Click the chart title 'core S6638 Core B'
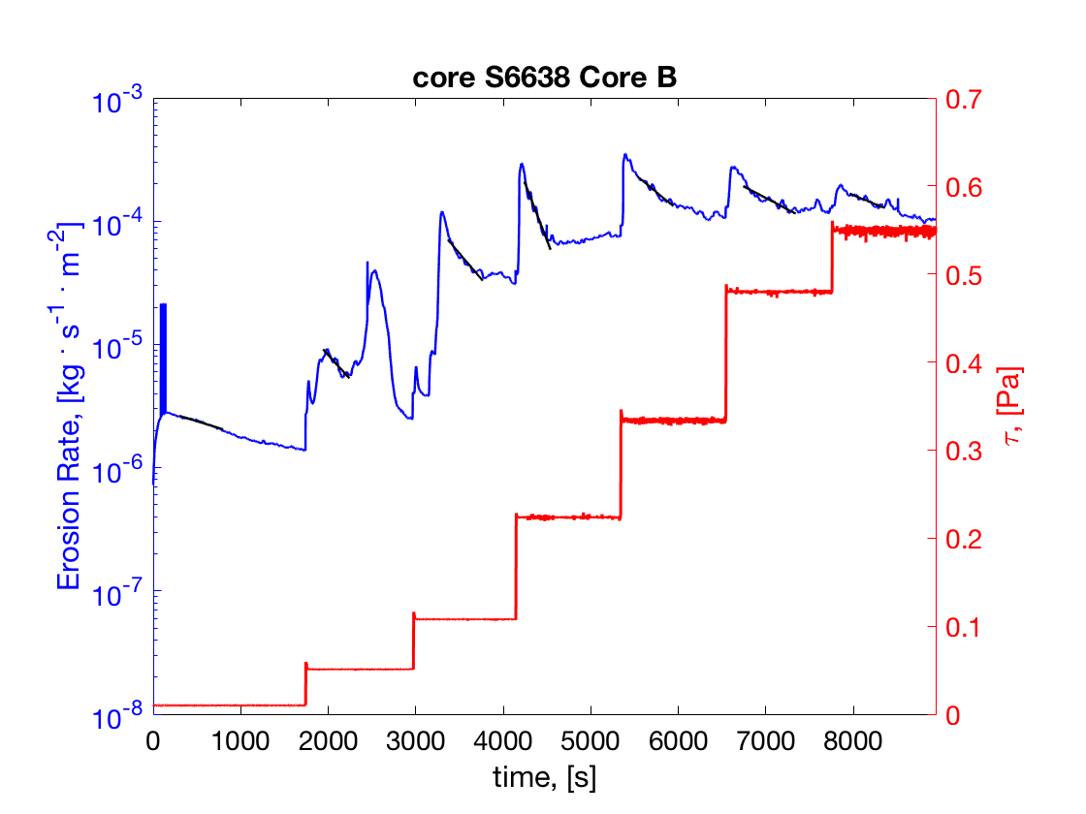click(x=544, y=78)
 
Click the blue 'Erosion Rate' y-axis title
click(x=73, y=407)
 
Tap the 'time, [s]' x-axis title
click(x=544, y=776)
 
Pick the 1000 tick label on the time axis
click(x=240, y=740)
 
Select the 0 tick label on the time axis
click(x=153, y=740)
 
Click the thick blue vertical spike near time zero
click(x=163, y=359)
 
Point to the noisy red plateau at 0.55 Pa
click(x=882, y=231)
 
